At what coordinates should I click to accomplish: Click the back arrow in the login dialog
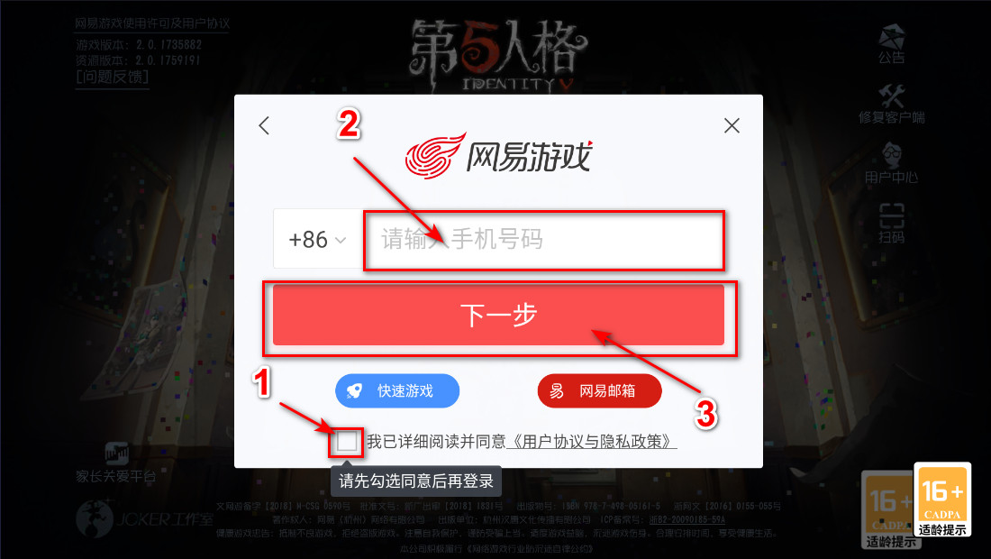click(264, 125)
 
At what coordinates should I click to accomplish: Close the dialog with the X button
click(732, 125)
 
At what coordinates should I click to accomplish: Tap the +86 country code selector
click(316, 240)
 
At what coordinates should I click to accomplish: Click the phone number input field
click(543, 240)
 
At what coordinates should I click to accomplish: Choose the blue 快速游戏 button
click(397, 391)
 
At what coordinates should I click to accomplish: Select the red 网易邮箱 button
click(599, 391)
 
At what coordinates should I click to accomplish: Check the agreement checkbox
click(347, 442)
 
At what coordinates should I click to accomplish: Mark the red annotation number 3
click(706, 413)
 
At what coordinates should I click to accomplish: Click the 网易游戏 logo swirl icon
click(434, 154)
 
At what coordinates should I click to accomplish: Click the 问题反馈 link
click(113, 77)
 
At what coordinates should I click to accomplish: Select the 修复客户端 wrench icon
click(891, 97)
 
